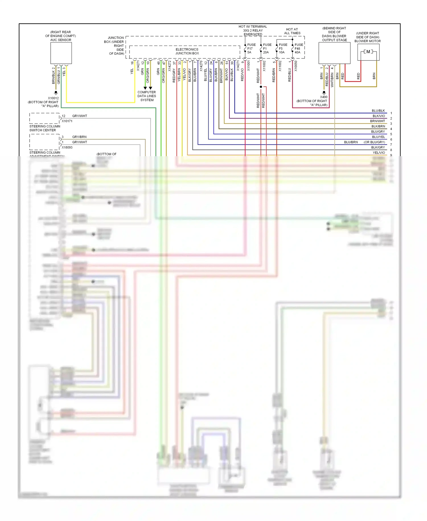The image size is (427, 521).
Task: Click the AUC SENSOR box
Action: (61, 53)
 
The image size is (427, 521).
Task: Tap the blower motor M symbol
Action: (368, 52)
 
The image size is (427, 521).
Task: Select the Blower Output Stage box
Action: (334, 53)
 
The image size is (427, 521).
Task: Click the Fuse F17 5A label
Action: (251, 48)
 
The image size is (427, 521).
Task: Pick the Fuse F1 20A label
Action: (267, 48)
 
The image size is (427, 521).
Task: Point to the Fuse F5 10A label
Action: (283, 48)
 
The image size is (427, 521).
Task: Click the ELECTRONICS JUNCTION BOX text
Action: (187, 51)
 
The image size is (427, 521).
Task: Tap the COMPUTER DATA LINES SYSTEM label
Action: (147, 96)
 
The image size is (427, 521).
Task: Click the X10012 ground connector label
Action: (53, 98)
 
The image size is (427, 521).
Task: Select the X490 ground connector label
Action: (324, 97)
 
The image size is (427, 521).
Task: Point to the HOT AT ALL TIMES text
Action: (292, 31)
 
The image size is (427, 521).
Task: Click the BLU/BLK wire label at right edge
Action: (378, 111)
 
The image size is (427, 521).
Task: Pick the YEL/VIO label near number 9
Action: (379, 153)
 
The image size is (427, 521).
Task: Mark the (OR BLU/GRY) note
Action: (374, 142)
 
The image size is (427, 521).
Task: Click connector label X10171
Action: (67, 121)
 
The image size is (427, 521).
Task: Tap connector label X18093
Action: (67, 147)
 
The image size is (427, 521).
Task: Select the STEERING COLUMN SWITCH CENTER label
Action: (45, 128)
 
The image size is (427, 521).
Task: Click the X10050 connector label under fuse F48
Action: (296, 66)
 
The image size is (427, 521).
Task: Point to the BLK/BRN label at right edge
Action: (378, 126)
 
